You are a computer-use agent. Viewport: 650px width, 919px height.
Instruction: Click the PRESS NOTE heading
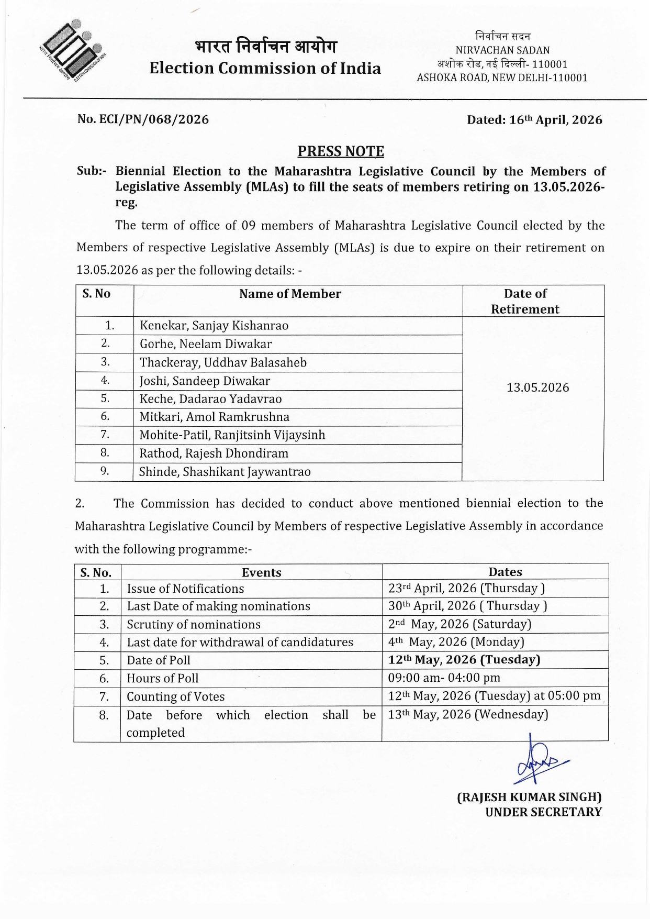coord(341,151)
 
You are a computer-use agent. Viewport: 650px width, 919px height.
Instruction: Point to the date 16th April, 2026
coord(555,120)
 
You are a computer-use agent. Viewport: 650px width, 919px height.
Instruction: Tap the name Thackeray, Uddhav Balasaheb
coord(223,362)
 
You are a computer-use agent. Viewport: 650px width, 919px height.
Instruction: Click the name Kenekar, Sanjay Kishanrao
coord(214,326)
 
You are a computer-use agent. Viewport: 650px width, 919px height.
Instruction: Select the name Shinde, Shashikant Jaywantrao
coord(225,472)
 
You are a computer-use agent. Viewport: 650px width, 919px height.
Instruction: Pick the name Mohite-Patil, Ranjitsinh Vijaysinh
coord(232,435)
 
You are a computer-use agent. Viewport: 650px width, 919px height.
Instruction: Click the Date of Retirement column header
coord(525,301)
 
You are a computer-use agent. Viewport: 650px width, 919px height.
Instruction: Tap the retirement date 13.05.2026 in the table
coord(537,387)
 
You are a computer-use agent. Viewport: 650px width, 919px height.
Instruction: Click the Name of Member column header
coord(290,294)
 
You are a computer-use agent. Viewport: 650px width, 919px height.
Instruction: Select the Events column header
coord(261,572)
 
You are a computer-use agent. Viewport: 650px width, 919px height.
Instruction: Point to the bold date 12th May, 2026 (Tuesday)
coord(464,660)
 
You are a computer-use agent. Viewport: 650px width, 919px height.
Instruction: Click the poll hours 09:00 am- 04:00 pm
coord(444,678)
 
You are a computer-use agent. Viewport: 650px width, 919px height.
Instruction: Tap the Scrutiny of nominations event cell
coord(194,624)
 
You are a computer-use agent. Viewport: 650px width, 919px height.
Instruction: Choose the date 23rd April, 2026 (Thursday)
coord(466,588)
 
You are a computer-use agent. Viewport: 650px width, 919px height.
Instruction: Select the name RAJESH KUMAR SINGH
coord(529,797)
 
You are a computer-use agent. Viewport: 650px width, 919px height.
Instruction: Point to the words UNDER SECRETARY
coord(543,812)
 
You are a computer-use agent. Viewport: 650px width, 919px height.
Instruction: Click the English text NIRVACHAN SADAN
coord(502,50)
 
